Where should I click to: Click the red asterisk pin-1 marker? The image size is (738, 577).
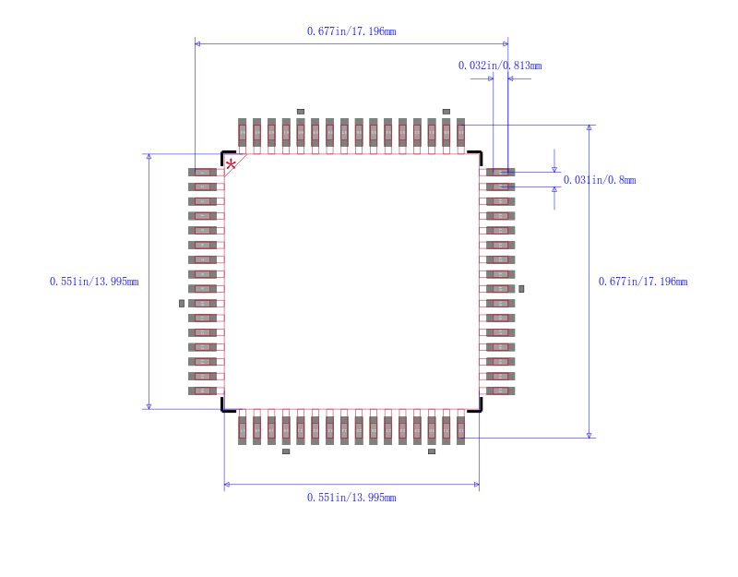pos(231,164)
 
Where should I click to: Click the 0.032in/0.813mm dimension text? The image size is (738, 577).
pos(499,66)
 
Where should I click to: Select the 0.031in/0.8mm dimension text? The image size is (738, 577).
pos(599,180)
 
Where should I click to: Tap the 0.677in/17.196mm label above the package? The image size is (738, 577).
pos(351,31)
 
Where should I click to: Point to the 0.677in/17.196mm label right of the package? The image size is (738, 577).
pos(643,282)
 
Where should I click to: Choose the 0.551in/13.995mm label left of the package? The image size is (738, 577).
pos(94,282)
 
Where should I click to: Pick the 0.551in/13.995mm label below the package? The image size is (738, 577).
pos(351,498)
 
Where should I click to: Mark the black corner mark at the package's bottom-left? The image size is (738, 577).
pos(225,406)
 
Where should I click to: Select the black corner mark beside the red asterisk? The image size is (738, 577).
pos(226,154)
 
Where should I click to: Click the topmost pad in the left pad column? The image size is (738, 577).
pos(203,172)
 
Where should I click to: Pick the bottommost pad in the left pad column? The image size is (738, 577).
pos(203,391)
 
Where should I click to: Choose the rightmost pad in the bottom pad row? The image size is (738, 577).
pos(460,430)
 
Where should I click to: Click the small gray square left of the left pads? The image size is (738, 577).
pos(182,303)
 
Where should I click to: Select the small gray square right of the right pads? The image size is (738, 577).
pos(521,289)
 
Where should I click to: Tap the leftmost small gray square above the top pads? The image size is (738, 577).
pos(300,112)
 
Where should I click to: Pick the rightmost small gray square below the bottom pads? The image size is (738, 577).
pos(431,451)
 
